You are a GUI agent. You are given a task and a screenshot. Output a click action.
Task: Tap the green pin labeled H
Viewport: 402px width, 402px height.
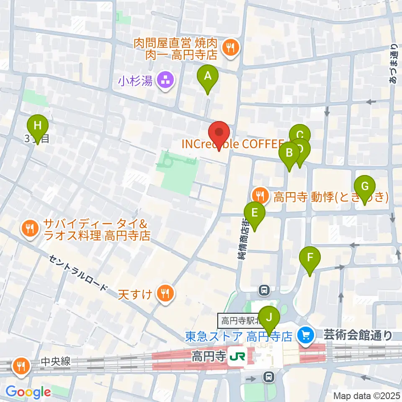(38, 125)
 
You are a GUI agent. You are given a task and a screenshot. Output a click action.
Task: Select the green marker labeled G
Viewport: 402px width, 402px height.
(364, 186)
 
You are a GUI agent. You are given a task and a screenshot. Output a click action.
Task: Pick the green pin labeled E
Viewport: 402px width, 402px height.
(254, 213)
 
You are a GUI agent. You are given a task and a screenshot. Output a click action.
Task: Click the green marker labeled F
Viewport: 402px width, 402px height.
(310, 258)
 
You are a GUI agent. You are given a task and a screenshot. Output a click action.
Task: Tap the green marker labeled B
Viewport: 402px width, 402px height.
(289, 153)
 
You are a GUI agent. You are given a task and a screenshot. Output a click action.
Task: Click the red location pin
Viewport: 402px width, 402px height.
(219, 133)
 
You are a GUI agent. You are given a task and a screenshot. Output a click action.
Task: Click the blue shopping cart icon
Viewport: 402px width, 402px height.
(305, 335)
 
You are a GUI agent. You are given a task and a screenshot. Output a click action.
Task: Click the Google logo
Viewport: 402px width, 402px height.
(28, 392)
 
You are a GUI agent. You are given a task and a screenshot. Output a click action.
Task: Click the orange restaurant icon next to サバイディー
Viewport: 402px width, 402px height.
(30, 229)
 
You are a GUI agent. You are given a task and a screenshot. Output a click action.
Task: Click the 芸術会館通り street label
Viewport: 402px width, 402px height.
(358, 335)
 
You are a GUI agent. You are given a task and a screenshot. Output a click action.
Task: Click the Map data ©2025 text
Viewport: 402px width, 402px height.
(367, 395)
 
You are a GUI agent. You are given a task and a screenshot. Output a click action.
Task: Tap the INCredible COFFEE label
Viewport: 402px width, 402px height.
(233, 144)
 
